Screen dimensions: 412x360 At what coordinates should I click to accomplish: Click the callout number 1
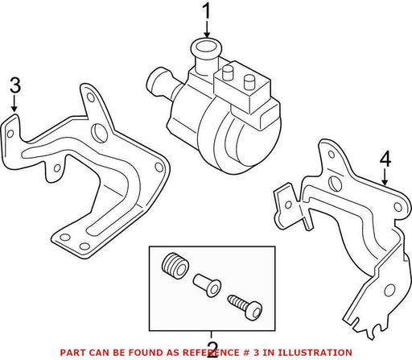click(207, 11)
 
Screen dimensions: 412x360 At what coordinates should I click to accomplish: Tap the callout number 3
click(15, 85)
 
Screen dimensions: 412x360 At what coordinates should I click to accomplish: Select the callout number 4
click(385, 159)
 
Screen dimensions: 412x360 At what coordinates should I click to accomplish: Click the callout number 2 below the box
click(212, 350)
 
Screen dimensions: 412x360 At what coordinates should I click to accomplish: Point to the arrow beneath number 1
click(207, 30)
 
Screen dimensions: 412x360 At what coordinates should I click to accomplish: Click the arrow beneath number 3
click(14, 103)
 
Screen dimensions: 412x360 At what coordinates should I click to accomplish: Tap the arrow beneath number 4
click(385, 177)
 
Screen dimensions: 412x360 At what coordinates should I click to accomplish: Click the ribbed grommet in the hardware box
click(175, 265)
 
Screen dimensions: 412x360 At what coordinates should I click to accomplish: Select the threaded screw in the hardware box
click(245, 307)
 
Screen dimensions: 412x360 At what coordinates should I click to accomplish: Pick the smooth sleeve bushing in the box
click(207, 285)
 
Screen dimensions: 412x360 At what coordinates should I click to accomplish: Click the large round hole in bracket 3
click(100, 133)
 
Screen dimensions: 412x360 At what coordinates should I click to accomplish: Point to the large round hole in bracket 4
click(335, 184)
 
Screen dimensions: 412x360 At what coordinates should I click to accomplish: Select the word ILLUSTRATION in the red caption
click(315, 352)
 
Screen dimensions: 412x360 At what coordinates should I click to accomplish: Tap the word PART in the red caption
click(71, 352)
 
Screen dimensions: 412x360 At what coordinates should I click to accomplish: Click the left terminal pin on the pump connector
click(228, 72)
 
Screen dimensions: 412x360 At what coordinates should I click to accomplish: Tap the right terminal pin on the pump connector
click(249, 82)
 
